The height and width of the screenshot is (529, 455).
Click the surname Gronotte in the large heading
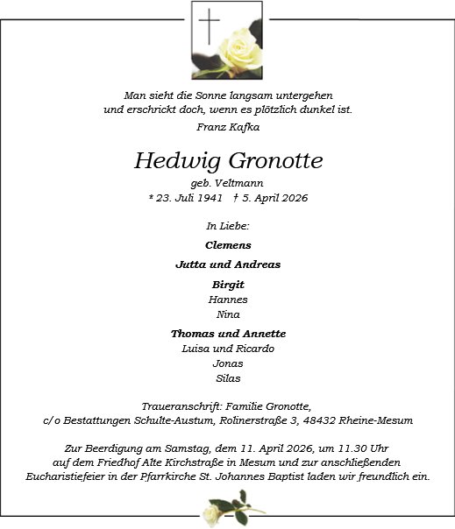pyautogui.click(x=275, y=161)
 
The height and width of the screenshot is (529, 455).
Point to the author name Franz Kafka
pyautogui.click(x=227, y=127)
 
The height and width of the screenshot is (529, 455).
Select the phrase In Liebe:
pyautogui.click(x=227, y=227)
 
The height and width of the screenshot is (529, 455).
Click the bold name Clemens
pyautogui.click(x=228, y=245)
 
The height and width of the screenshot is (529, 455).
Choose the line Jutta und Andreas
pyautogui.click(x=228, y=264)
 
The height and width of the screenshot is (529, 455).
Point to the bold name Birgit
pyautogui.click(x=228, y=285)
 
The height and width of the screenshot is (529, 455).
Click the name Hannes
pyautogui.click(x=228, y=300)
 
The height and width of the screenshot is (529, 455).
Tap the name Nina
pyautogui.click(x=228, y=314)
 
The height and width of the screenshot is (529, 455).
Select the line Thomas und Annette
pyautogui.click(x=228, y=334)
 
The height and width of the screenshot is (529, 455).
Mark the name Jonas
pyautogui.click(x=228, y=363)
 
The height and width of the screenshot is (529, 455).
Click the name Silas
pyautogui.click(x=228, y=378)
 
